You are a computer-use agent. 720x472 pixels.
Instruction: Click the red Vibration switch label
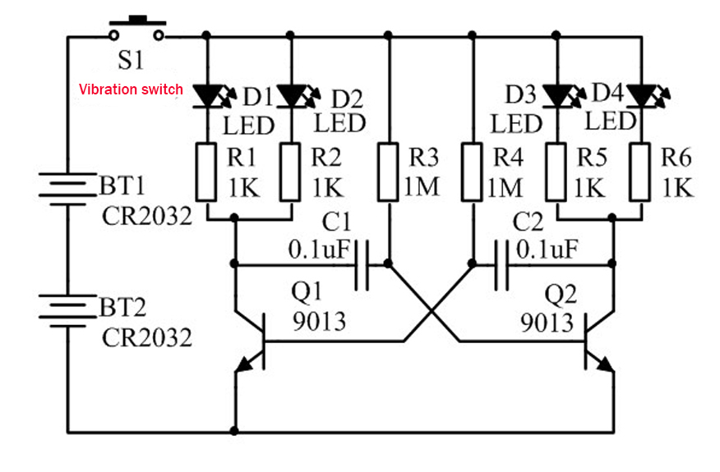pos(131,89)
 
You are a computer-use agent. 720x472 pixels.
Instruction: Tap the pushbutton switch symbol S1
pos(136,29)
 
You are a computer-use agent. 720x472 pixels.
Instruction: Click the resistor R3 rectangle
pos(388,172)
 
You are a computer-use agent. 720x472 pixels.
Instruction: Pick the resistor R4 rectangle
pos(472,172)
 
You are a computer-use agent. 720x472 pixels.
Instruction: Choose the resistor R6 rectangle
pos(640,172)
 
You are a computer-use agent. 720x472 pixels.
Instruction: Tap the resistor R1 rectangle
pos(206,172)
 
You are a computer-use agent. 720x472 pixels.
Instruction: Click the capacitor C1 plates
pos(362,264)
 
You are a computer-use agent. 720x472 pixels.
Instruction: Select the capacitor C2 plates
pos(501,264)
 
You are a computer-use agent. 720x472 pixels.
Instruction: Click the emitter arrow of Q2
pos(604,364)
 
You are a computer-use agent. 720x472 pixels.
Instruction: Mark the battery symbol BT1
pos(67,189)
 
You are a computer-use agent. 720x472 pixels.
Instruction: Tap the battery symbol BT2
pos(67,310)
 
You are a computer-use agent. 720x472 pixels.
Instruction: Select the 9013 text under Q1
pos(319,322)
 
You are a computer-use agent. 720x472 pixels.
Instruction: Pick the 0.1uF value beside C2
pos(547,250)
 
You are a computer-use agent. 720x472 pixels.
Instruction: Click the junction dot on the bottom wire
pos(234,431)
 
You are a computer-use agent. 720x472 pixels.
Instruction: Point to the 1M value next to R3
pos(421,187)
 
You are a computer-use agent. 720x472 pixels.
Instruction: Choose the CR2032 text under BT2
pos(146,338)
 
